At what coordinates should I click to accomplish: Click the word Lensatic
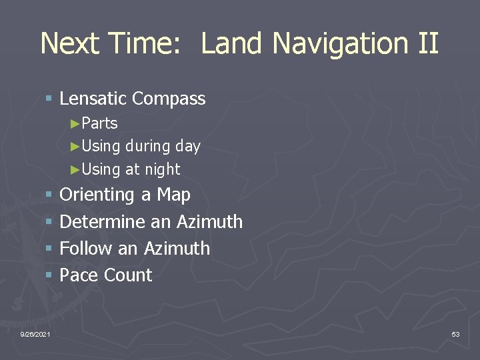click(x=93, y=99)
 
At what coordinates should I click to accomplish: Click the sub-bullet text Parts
click(x=99, y=123)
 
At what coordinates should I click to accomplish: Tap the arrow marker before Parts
click(x=75, y=123)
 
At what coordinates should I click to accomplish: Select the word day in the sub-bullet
click(x=187, y=147)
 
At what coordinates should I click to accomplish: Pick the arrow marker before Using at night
click(x=75, y=169)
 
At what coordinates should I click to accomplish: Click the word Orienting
click(x=97, y=195)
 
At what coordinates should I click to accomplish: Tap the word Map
click(x=173, y=195)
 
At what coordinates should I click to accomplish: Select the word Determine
click(x=102, y=221)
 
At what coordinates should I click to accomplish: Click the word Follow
click(x=86, y=248)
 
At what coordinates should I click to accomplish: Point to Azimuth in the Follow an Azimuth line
click(x=176, y=248)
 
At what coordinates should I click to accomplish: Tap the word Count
click(x=129, y=275)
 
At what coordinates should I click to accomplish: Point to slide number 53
click(x=455, y=333)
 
